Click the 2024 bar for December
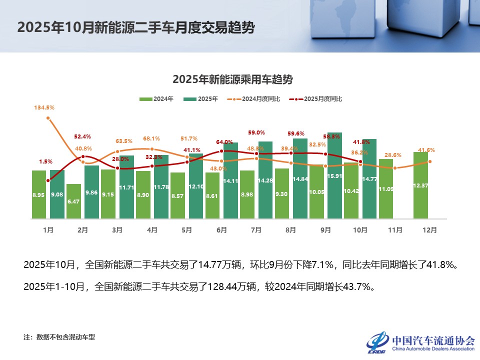pos(420,185)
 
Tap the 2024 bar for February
pos(73,201)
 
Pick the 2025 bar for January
pos(57,194)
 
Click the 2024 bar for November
pos(386,188)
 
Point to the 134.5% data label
pos(44,107)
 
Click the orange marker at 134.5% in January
pos(48,118)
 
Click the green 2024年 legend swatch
pos(145,99)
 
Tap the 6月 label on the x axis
pos(221,230)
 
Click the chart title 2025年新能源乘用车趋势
pos(232,79)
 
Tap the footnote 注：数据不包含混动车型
pos(59,337)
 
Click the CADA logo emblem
pos(377,341)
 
